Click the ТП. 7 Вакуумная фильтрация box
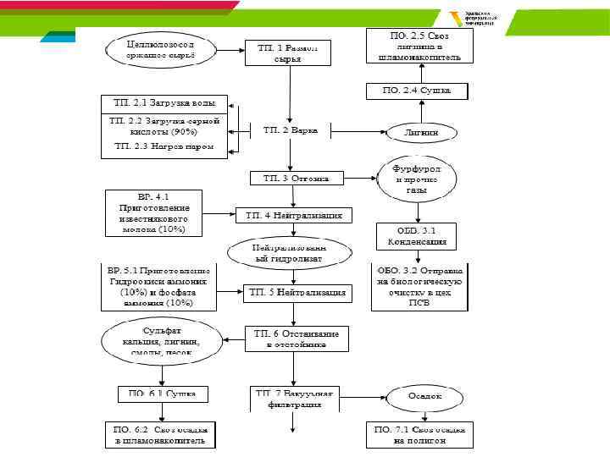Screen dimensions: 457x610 pos(295,399)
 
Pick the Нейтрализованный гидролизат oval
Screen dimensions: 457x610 pos(289,251)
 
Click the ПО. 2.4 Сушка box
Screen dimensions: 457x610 pos(417,90)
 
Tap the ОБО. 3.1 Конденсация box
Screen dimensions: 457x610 pos(417,234)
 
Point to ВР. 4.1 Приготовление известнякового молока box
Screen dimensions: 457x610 pos(153,212)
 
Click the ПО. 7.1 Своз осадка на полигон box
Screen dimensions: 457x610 pos(418,435)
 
